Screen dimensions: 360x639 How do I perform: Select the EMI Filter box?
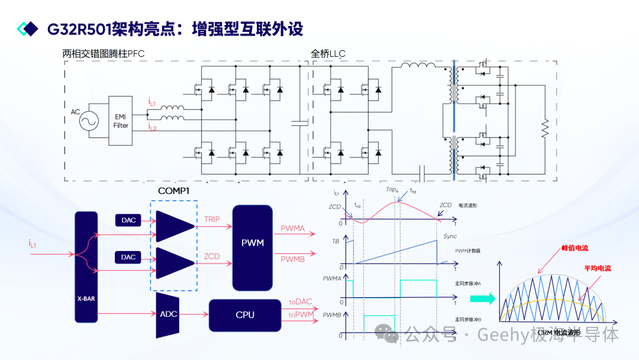coord(121,121)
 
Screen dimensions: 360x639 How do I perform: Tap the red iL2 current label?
coord(152,127)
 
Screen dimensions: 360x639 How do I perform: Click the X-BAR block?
coord(86,266)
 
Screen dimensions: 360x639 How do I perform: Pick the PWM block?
coord(253,247)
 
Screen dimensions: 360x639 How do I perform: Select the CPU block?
coord(245,314)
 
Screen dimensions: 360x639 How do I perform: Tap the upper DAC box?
coord(128,220)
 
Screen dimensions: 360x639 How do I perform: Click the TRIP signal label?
coord(212,220)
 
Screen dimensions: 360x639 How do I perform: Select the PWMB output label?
coord(293,259)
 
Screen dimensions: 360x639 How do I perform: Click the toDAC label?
coord(301,302)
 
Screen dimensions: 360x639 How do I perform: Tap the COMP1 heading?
coord(173,191)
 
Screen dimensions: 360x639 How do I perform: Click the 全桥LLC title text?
coord(328,54)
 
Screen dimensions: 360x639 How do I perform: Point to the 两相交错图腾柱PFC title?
coord(104,54)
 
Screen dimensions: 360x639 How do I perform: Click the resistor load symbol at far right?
coord(545,127)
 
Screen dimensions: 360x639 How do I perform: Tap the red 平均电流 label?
coord(597,268)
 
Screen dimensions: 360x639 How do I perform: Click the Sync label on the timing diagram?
coord(450,236)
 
